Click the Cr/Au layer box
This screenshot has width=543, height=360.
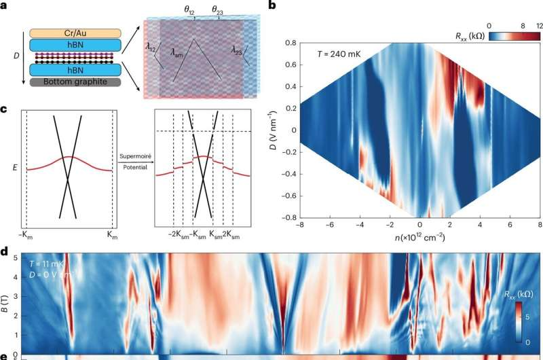coord(74,32)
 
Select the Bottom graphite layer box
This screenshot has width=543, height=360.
coord(74,82)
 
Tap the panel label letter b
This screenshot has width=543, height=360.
coord(271,6)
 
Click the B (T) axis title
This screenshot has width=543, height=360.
coord(6,297)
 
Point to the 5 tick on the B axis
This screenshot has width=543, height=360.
coord(16,256)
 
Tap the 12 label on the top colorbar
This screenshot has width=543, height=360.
coord(539,25)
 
